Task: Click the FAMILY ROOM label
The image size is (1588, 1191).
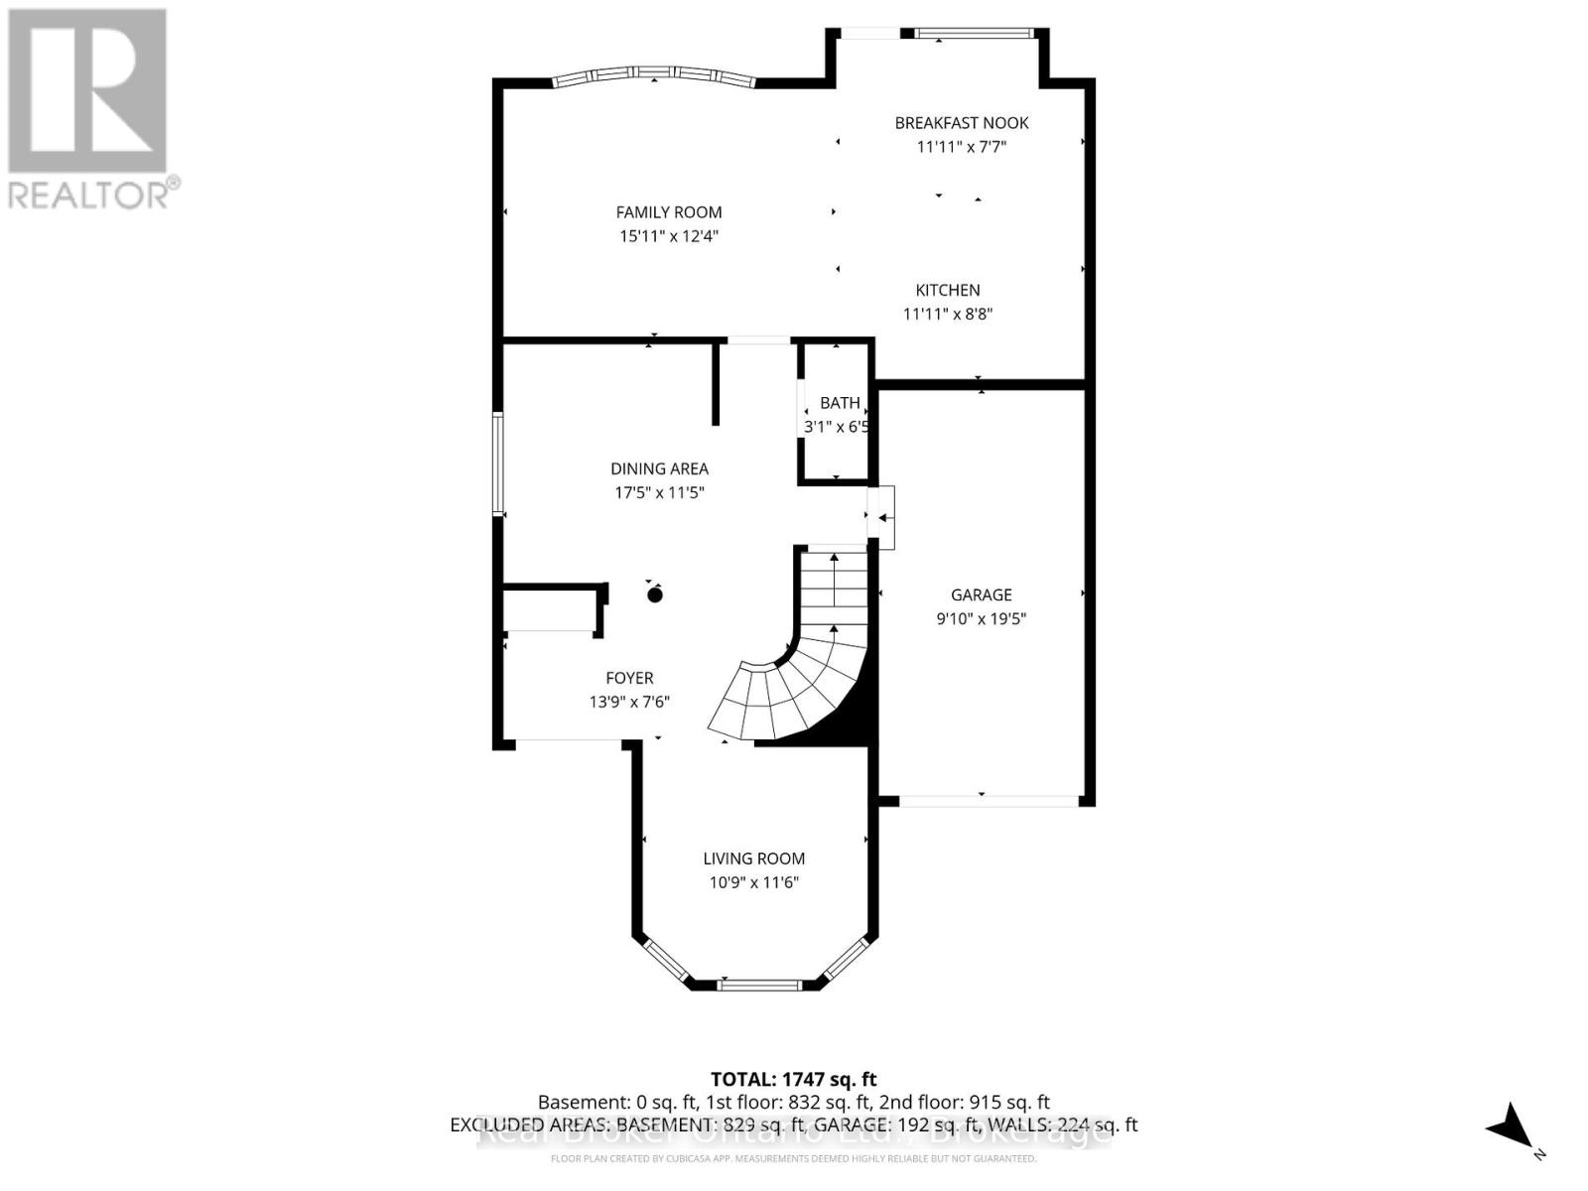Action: tap(668, 211)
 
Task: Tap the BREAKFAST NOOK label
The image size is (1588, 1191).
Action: tap(961, 123)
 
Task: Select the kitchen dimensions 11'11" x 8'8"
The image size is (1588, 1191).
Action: tap(947, 314)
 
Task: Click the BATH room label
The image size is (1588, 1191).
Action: tap(840, 403)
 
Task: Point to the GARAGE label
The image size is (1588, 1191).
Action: tap(981, 595)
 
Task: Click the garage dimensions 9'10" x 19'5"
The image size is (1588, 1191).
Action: tap(981, 618)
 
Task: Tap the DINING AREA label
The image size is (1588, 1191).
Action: tap(659, 468)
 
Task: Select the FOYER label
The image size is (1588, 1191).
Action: tap(629, 678)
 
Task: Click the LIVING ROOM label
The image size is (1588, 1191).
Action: tap(753, 859)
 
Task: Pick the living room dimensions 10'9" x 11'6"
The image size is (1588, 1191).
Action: tap(753, 882)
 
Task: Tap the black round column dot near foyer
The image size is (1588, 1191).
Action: tap(654, 595)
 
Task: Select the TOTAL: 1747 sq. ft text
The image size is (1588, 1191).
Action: tap(793, 1079)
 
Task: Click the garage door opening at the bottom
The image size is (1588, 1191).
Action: tap(988, 800)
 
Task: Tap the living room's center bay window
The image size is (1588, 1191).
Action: tap(758, 985)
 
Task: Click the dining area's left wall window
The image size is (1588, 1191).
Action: tap(498, 463)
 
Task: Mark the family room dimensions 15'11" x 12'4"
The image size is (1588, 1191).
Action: tap(668, 236)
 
